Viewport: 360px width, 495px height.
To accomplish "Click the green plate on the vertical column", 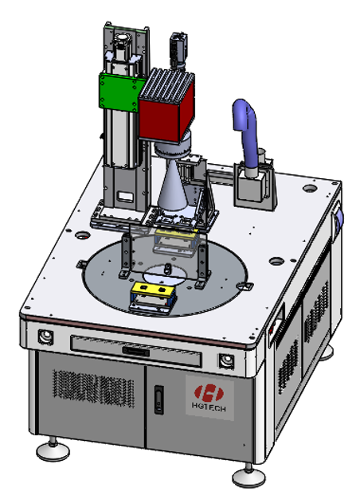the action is click(119, 92).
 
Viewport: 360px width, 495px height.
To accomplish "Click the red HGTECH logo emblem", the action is click(209, 393).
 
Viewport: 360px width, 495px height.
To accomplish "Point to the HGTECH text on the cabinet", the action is click(209, 407).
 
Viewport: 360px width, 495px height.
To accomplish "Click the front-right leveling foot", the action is click(248, 476).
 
